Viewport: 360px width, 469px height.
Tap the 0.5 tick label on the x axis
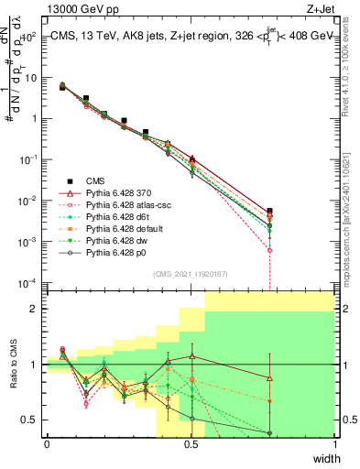(191, 444)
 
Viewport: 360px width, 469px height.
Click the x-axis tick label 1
(335, 444)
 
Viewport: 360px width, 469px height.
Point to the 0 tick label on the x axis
(47, 444)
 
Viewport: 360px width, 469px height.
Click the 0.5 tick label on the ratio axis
(31, 420)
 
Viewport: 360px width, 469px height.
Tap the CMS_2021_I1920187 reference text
(191, 272)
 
